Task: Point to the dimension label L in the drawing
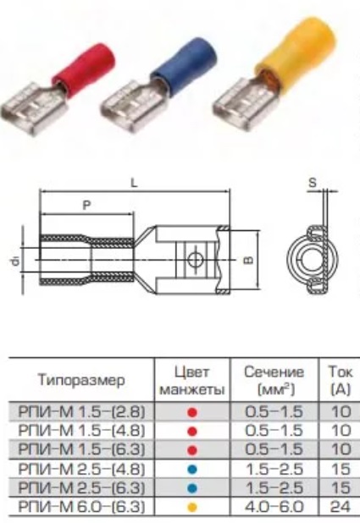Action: (x=134, y=183)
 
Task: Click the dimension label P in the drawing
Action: (x=87, y=205)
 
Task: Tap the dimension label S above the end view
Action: (x=313, y=183)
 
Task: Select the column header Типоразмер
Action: (x=81, y=380)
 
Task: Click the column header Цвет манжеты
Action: (x=192, y=380)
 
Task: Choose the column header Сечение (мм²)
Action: (x=274, y=380)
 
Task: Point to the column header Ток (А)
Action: (x=340, y=380)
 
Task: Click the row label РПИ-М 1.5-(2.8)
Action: (x=81, y=412)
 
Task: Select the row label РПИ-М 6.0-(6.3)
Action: (x=81, y=507)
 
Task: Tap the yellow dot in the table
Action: (x=192, y=508)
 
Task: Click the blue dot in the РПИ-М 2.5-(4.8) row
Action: (x=192, y=470)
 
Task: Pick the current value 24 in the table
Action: (x=341, y=507)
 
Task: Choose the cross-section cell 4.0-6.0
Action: (x=274, y=507)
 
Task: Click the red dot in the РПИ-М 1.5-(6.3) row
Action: (x=192, y=450)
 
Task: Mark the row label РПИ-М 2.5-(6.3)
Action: (x=81, y=488)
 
